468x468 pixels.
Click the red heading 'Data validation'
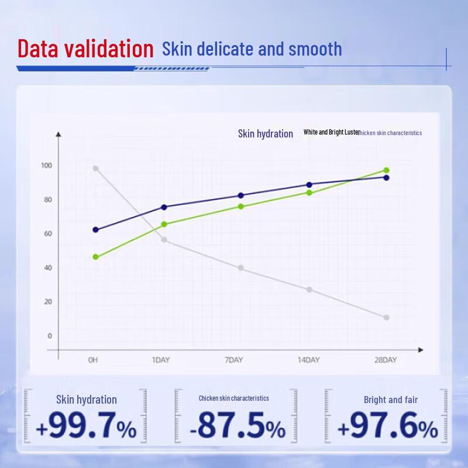tap(85, 49)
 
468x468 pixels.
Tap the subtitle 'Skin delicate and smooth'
tap(252, 49)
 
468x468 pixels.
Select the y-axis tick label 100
tap(46, 166)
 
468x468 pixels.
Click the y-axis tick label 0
tap(49, 336)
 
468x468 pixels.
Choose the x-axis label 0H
tap(92, 360)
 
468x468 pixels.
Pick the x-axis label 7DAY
tap(234, 360)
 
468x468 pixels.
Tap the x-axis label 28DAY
tap(386, 360)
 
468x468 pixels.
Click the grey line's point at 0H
tap(96, 168)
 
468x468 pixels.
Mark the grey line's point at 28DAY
tap(386, 318)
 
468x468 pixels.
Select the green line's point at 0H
tap(96, 257)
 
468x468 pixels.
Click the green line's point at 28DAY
tap(386, 170)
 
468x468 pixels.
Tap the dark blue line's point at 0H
tap(96, 230)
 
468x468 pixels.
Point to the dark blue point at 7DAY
tap(241, 195)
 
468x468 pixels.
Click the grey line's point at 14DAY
tap(309, 290)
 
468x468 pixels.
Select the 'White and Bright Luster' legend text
tap(331, 132)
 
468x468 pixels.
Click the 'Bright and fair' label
tap(391, 400)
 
